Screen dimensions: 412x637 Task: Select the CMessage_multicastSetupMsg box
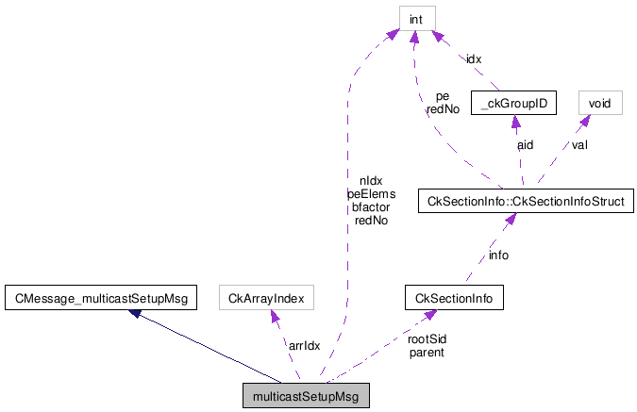pos(99,299)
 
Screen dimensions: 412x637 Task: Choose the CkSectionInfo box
pos(453,299)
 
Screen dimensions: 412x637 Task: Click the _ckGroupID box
pos(514,103)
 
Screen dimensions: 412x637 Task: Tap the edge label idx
pos(474,58)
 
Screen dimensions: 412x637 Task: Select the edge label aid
pos(525,145)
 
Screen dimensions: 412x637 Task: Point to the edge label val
pos(578,145)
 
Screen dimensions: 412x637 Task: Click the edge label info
pos(497,255)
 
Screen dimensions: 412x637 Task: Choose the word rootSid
pos(427,338)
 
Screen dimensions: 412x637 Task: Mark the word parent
pos(427,353)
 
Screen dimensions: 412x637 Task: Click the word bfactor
pos(371,206)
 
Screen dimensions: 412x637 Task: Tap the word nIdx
pos(371,180)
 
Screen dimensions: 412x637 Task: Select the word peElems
pos(371,193)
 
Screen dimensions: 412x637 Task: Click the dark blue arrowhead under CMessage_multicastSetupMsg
pos(135,313)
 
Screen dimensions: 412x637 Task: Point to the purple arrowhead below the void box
pos(584,120)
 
